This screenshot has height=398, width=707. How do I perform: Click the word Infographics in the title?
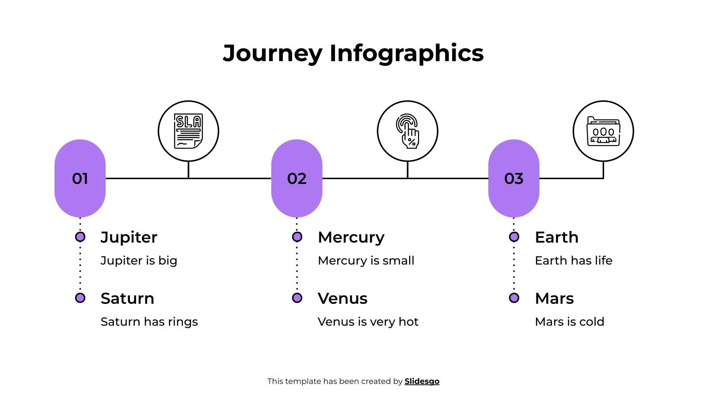(x=407, y=53)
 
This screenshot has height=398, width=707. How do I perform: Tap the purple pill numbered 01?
(x=80, y=178)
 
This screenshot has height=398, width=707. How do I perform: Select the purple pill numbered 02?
(x=296, y=178)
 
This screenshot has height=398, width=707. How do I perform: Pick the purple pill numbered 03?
(x=513, y=178)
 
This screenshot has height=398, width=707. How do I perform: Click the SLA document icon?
(x=188, y=131)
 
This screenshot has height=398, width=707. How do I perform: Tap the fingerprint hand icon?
(x=407, y=131)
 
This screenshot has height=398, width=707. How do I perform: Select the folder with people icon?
(x=603, y=131)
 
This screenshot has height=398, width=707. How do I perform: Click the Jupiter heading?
(x=129, y=237)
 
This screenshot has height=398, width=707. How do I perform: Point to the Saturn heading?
(x=127, y=298)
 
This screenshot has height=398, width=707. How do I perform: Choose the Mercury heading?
(x=351, y=237)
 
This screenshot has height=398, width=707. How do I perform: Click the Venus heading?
(x=342, y=298)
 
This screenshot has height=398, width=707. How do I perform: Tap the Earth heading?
(x=556, y=237)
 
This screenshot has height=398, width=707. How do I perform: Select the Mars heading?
(x=554, y=298)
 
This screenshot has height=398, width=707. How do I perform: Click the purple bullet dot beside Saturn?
(x=80, y=298)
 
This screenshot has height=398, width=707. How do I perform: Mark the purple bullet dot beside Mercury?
(x=297, y=237)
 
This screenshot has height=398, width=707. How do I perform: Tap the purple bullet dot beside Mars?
(x=514, y=298)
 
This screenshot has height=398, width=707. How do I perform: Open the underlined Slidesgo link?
(x=422, y=381)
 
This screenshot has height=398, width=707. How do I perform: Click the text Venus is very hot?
(x=368, y=321)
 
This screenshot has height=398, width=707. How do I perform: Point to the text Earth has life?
(x=573, y=260)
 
